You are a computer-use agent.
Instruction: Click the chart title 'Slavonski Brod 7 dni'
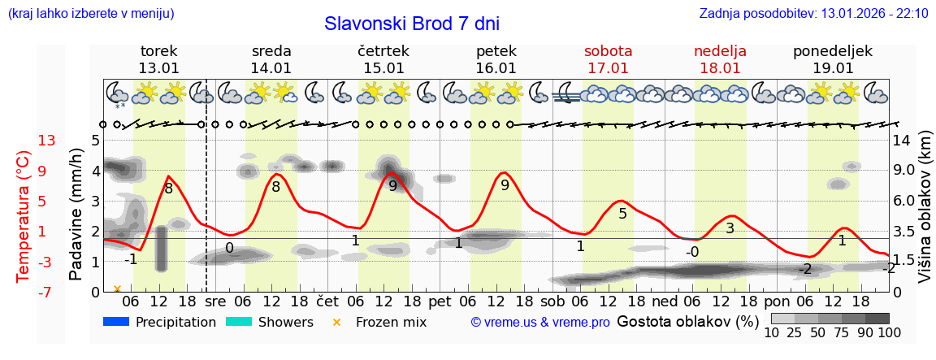pos(411,23)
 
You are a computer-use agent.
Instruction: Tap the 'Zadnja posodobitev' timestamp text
pos(813,13)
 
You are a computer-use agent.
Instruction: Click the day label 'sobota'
pos(608,51)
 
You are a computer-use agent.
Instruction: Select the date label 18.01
pos(720,68)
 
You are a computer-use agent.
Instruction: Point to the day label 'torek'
pos(158,51)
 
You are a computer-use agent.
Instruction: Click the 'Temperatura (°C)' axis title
pos(24,215)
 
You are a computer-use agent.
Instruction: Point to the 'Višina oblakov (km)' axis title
pos(925,216)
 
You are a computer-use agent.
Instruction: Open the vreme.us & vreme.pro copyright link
pos(540,322)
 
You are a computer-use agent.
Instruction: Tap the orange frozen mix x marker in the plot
pos(117,288)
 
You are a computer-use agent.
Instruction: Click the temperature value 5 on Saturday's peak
pos(622,214)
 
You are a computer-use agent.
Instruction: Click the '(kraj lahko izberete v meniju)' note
pos(90,13)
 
